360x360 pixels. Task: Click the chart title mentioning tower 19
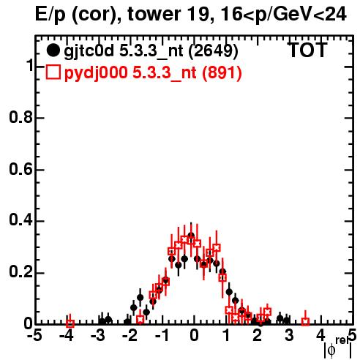(191, 14)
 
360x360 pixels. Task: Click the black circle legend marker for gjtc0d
(53, 50)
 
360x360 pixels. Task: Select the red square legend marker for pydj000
(53, 72)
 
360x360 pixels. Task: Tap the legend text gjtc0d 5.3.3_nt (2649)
(151, 51)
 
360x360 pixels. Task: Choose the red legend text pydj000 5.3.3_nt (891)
(153, 72)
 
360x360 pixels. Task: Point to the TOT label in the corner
(307, 50)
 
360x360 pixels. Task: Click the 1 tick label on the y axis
(30, 66)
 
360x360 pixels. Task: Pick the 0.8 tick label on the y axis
(20, 117)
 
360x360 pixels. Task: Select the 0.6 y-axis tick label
(20, 169)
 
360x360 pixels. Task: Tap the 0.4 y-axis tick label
(20, 221)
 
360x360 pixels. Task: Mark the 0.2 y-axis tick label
(20, 272)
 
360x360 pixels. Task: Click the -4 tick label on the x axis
(67, 336)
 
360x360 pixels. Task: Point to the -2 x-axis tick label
(130, 336)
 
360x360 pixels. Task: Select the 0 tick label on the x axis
(194, 336)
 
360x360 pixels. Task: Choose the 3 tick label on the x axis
(289, 336)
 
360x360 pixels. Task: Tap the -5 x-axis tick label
(34, 336)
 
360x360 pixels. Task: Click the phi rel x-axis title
(338, 347)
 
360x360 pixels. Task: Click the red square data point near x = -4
(70, 324)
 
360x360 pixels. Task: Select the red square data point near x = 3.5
(305, 322)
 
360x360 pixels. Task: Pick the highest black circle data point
(191, 236)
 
